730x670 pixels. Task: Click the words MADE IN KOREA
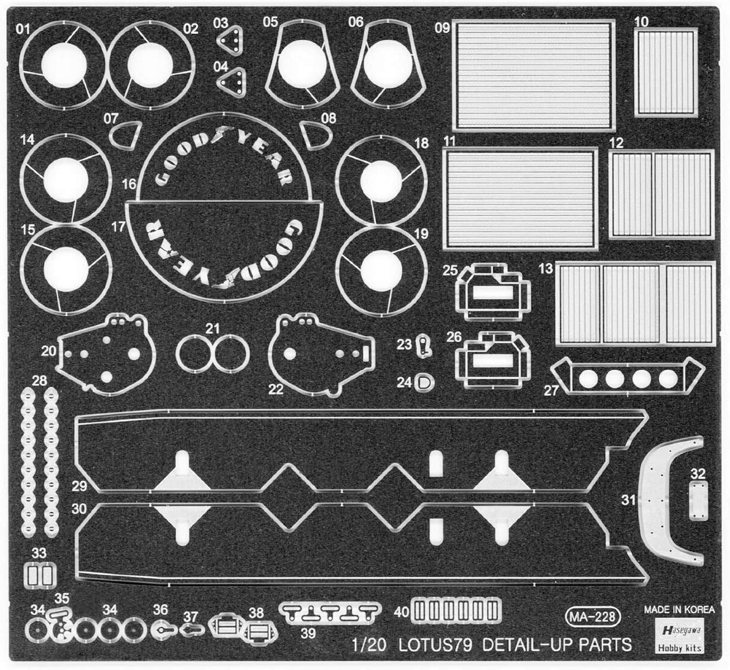(x=679, y=610)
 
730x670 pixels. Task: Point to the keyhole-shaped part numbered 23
(x=425, y=346)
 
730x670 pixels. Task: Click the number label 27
(x=552, y=390)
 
